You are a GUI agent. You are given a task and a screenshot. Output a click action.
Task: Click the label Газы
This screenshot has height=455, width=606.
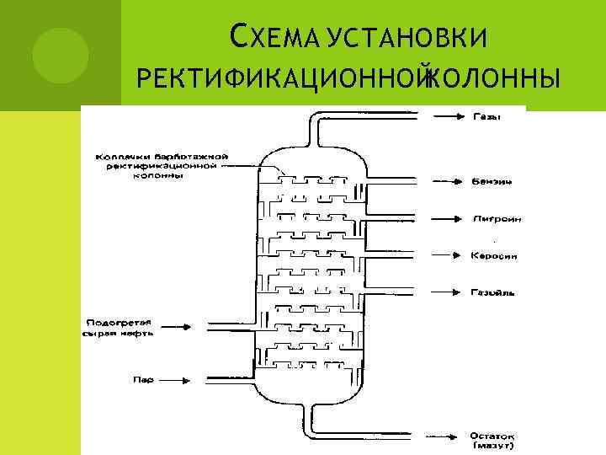[485, 116]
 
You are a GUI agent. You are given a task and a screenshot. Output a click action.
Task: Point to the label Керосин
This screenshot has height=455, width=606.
[492, 255]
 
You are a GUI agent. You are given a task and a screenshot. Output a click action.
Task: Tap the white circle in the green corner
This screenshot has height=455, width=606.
[61, 52]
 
